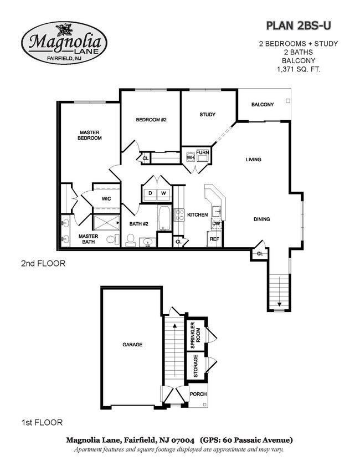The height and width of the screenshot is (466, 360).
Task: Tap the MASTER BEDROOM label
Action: [89, 135]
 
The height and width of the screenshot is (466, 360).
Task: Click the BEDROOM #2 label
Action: [151, 120]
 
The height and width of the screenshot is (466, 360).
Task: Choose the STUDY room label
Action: [207, 115]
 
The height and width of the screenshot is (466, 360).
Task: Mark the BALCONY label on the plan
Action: [262, 105]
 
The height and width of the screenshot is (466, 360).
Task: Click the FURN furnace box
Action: [202, 152]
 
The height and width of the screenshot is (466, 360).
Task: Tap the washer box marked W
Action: [163, 193]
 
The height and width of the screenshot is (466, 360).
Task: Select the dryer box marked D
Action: [150, 193]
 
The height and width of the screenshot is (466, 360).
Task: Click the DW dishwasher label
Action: [216, 223]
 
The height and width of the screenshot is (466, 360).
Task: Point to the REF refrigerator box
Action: [214, 239]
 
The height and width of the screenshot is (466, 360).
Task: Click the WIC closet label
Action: [107, 199]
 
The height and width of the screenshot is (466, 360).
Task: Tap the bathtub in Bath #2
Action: [165, 219]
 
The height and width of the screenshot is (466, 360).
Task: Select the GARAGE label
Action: [132, 344]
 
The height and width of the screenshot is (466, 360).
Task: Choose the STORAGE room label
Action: [195, 366]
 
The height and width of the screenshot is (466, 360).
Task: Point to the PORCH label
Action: [198, 394]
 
